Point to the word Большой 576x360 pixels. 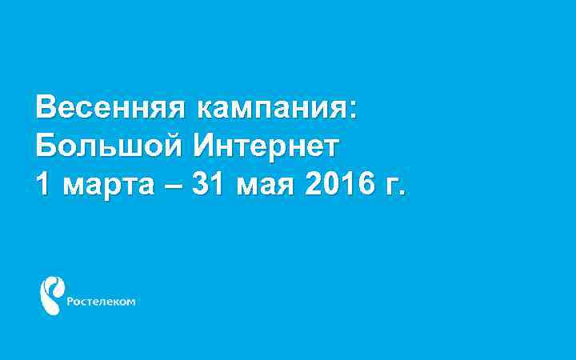(x=108, y=146)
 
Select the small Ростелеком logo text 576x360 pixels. (x=101, y=302)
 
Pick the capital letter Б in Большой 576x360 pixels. (x=45, y=146)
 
